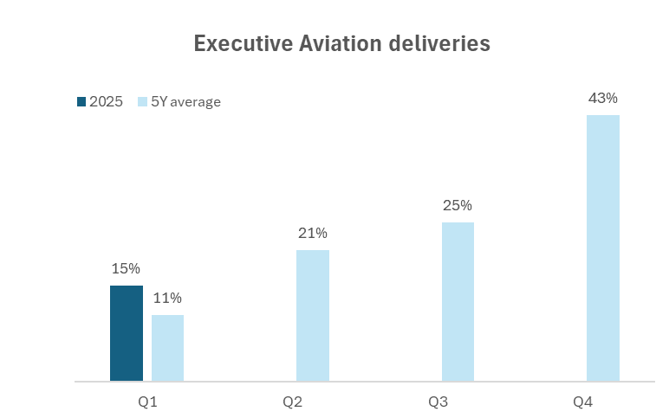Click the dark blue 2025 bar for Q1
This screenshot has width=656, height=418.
[x=127, y=333]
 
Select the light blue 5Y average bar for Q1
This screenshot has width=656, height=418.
[x=167, y=348]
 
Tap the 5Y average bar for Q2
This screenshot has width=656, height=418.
[x=313, y=315]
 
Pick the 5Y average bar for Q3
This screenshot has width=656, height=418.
[x=458, y=301]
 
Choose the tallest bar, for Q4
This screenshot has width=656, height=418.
[x=603, y=248]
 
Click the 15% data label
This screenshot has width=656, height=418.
[x=126, y=269]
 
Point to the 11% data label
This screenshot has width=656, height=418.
[x=167, y=299]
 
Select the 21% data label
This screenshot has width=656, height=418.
[x=313, y=233]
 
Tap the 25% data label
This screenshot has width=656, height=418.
[x=458, y=205]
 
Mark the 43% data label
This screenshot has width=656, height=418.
[x=603, y=98]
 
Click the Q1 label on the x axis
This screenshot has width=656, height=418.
[x=147, y=402]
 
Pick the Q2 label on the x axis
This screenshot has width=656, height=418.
[x=292, y=402]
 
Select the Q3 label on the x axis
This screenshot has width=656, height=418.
[x=438, y=402]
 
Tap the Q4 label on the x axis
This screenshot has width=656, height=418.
[x=582, y=402]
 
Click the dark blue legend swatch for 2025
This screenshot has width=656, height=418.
[x=81, y=101]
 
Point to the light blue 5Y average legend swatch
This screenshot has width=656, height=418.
[x=143, y=101]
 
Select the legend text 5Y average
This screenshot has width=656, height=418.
[x=186, y=101]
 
